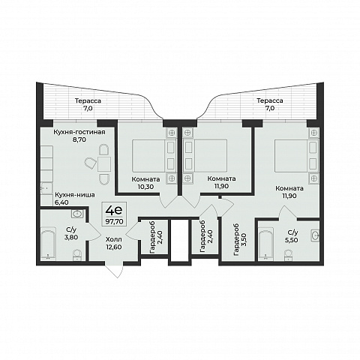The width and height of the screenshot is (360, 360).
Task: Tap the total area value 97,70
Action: pyautogui.click(x=114, y=221)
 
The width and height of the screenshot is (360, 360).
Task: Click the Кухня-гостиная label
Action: pyautogui.click(x=79, y=132)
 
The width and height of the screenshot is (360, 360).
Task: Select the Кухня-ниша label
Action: pyautogui.click(x=75, y=195)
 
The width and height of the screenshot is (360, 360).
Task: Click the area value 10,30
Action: pyautogui.click(x=145, y=187)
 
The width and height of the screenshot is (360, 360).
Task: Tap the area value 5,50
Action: pyautogui.click(x=292, y=240)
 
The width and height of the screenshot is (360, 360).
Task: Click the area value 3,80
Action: pyautogui.click(x=71, y=238)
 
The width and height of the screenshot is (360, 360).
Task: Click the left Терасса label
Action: pyautogui.click(x=88, y=101)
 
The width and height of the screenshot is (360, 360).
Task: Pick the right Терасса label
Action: pyautogui.click(x=270, y=100)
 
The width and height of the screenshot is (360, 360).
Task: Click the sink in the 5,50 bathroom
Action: pyautogui.click(x=315, y=235)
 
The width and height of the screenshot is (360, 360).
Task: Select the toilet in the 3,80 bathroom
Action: pyautogui.click(x=77, y=255)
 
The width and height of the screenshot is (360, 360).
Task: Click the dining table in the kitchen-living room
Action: pyautogui.click(x=104, y=164)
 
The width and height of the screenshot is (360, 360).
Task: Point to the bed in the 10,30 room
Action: pyautogui.click(x=153, y=156)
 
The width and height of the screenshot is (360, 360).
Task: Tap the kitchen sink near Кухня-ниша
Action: pyautogui.click(x=46, y=188)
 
